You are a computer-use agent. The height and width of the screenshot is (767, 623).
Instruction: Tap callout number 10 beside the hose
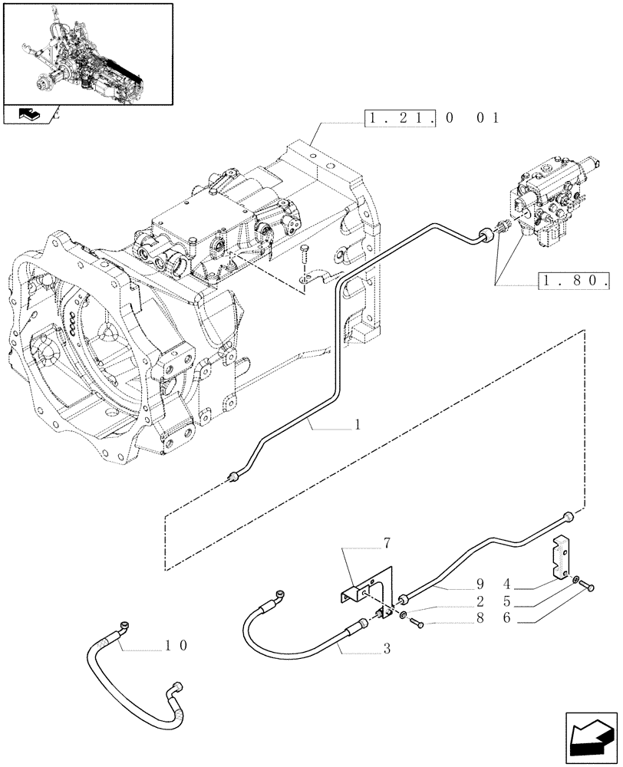176,647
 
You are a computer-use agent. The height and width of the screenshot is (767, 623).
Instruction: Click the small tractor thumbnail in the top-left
87,51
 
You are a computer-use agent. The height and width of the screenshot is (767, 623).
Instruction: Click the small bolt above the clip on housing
305,252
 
